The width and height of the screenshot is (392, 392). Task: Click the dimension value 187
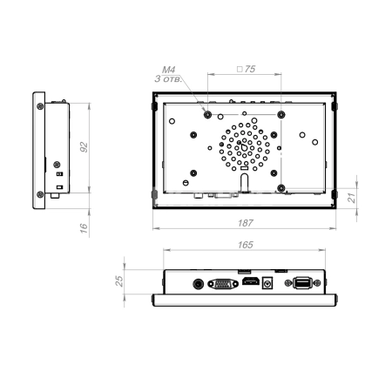click(x=246, y=223)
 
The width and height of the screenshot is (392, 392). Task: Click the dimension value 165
click(x=246, y=245)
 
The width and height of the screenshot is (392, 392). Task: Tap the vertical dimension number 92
click(x=84, y=147)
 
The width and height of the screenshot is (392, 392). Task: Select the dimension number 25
click(x=119, y=281)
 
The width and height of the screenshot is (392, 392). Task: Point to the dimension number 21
click(x=352, y=198)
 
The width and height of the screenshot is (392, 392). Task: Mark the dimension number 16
click(x=84, y=228)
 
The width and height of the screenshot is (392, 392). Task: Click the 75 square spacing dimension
click(x=247, y=69)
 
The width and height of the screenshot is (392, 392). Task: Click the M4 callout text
click(x=169, y=70)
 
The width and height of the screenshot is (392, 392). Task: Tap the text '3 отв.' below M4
click(x=168, y=78)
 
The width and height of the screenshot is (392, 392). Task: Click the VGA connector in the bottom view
click(x=223, y=284)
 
